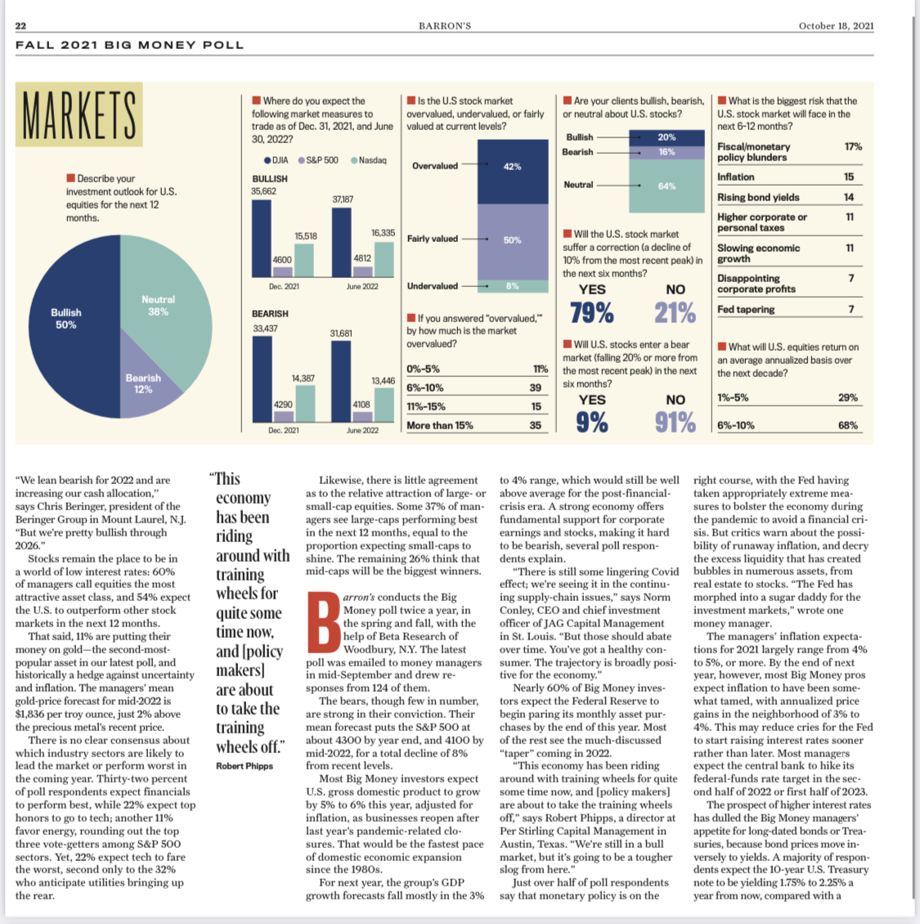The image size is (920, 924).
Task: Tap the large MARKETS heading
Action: pos(79,116)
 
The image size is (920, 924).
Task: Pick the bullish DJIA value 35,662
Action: pos(263,191)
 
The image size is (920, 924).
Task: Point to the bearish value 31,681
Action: pos(341,334)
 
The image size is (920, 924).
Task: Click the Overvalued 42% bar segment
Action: pos(512,171)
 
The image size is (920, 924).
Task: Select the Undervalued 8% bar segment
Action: pos(512,286)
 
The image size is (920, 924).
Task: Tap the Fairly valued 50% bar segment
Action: pos(512,240)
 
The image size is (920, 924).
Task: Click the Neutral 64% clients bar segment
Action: pos(666,186)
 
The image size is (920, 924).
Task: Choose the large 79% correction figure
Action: pos(591,312)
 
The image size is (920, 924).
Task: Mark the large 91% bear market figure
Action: pos(675,422)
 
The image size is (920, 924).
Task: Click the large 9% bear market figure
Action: pos(591,422)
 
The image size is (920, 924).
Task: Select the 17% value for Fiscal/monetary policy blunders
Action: pos(853,146)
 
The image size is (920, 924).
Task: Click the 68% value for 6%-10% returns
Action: pos(848,425)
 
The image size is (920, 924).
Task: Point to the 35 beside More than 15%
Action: pos(535,425)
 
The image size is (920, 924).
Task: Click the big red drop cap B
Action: pos(323,626)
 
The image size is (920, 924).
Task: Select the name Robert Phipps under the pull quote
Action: pos(245,766)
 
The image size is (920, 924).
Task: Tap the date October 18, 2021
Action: pos(836,26)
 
